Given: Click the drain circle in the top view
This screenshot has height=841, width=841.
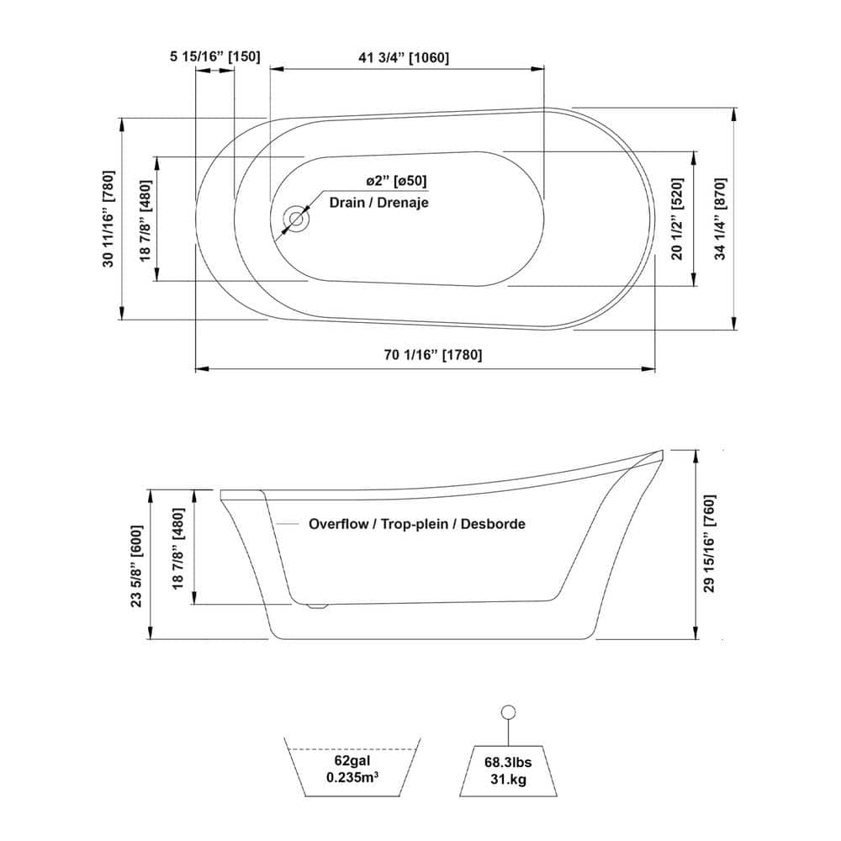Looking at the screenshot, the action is pos(296,219).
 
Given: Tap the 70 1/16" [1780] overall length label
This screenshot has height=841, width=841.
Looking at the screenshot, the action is pos(433,355).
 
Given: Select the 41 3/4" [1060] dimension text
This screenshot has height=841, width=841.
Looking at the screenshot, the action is pos(404,57).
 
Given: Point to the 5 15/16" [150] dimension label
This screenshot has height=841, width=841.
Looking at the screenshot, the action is pos(215,56).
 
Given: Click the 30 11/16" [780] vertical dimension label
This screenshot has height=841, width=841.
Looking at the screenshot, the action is pos(108,219).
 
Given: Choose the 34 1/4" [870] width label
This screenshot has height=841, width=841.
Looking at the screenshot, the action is pos(720,219).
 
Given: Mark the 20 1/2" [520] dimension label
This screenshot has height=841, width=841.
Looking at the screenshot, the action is pos(677,219).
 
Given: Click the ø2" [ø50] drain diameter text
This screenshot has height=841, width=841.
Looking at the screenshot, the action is pos(396,181).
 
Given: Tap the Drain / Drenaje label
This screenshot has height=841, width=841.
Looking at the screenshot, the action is pos(378,202).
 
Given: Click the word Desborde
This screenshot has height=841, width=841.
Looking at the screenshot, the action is pos(493,524).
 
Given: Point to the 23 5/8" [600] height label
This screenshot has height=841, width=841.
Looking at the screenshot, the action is pos(136,566).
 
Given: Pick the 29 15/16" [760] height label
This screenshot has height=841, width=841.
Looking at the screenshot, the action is pos(709,543).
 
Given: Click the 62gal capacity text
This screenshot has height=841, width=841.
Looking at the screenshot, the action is pos(352,760).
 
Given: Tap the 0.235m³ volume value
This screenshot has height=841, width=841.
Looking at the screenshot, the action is pos(352,777).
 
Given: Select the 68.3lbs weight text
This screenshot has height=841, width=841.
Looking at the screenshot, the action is pos(508,762).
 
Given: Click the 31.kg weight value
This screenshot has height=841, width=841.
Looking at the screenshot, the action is pos(508,779).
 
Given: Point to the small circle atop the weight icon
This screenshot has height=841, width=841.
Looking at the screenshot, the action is pos(508,712).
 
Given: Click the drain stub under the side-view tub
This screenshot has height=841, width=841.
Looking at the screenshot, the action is pos(316,606).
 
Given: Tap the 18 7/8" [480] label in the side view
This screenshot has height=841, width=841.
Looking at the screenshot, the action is pos(178,548).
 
